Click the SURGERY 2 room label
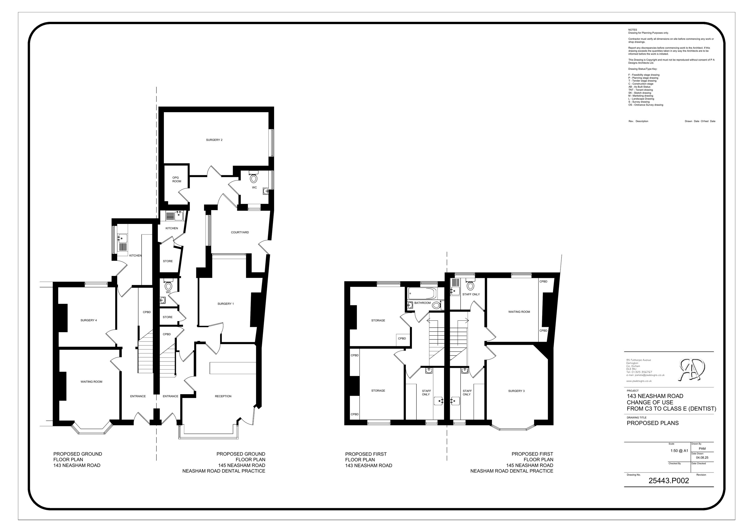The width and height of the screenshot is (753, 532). (x=214, y=140)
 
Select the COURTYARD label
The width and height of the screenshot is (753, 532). (x=240, y=232)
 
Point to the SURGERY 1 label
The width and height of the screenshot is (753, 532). (x=226, y=304)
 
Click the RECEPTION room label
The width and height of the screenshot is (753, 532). (x=223, y=396)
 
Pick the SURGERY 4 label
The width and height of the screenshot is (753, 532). (x=89, y=320)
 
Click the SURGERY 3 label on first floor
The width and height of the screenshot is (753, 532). (x=516, y=391)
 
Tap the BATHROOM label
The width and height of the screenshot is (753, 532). (x=422, y=303)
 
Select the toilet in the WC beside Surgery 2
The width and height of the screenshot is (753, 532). (x=254, y=178)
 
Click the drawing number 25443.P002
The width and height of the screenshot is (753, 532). (x=669, y=481)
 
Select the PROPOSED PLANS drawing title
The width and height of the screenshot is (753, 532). (x=653, y=423)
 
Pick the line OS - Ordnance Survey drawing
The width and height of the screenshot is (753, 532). (x=645, y=105)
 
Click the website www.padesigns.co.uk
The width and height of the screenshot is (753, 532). (x=639, y=381)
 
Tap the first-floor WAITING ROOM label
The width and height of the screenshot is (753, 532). (x=519, y=312)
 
